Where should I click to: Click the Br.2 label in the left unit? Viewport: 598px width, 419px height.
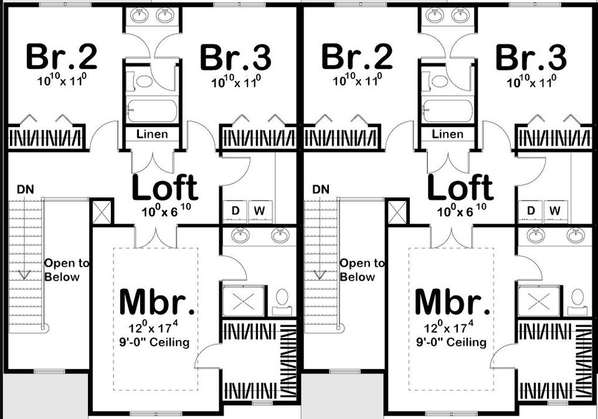click(x=61, y=57)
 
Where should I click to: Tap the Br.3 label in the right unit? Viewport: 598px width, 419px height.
click(x=531, y=59)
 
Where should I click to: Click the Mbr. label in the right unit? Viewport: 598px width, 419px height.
click(x=452, y=302)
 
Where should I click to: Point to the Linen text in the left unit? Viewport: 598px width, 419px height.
click(x=152, y=134)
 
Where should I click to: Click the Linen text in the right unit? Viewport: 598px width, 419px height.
click(x=447, y=134)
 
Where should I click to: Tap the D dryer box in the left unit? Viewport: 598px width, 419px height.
click(x=235, y=211)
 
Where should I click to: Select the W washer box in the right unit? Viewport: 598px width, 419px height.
click(x=554, y=211)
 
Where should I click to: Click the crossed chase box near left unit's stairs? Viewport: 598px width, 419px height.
click(x=102, y=210)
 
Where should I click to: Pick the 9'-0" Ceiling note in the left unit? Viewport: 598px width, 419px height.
click(x=156, y=342)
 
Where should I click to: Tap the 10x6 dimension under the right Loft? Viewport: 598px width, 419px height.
click(x=461, y=210)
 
